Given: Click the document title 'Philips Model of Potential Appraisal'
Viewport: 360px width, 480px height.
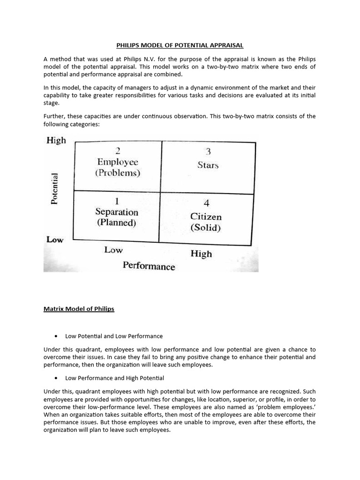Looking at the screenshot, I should point(180,45).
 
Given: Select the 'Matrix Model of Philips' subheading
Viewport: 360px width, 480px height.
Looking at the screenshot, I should point(79,309).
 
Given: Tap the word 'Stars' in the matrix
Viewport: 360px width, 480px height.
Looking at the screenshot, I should point(208,165).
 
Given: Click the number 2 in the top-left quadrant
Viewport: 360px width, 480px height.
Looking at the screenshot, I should point(118,150).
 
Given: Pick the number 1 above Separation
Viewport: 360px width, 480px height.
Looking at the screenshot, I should point(117,201).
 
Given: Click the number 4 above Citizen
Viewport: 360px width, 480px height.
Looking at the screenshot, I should point(206,203).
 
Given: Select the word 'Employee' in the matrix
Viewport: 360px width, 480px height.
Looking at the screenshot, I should point(118,162).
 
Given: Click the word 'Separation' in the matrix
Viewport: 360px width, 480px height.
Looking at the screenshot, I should point(117,211).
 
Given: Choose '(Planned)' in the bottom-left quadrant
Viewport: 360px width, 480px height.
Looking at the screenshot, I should point(117,223).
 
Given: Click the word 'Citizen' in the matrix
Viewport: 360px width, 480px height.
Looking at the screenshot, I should point(206,217).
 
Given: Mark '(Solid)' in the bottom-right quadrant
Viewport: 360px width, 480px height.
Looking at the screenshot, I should point(206,228).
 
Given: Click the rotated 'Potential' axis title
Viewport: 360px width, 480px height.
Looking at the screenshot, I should point(55,188).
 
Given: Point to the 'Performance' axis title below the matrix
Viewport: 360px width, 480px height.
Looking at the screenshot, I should point(149,266).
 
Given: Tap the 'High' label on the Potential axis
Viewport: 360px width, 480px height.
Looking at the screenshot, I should point(56,140).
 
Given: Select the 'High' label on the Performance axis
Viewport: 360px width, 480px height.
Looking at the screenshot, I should point(201,254).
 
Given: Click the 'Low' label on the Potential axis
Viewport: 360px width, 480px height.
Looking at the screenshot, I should point(54,240).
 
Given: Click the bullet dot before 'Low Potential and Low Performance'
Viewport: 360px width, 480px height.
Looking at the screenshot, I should point(56,336).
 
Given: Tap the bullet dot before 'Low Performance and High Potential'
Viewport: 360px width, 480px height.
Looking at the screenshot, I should point(56,378).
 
